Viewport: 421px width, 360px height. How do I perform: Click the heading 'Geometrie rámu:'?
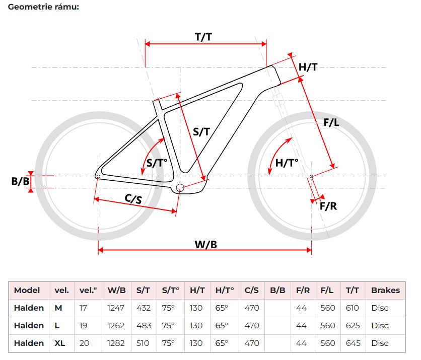(43, 7)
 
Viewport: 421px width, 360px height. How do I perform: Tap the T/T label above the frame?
(203, 37)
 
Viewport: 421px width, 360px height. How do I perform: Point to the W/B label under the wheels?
(205, 245)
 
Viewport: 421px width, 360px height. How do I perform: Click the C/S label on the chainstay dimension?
(133, 199)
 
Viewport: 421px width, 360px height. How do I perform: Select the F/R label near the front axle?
(328, 206)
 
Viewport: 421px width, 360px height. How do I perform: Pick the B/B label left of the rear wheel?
(21, 181)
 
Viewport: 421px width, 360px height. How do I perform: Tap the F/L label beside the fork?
(331, 122)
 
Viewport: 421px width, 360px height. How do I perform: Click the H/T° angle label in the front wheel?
(287, 163)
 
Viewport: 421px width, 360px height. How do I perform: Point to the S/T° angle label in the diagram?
(157, 163)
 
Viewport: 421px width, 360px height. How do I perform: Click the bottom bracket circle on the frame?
(180, 188)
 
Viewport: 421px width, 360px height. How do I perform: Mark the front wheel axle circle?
(311, 176)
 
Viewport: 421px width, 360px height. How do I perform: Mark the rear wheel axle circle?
(98, 176)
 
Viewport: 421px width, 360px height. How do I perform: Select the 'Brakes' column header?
(386, 290)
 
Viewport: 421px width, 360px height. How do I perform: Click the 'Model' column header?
(27, 290)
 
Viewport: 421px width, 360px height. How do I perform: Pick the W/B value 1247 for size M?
(116, 308)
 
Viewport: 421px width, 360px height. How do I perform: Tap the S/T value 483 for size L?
(144, 326)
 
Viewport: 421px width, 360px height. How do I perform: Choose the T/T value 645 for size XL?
(353, 343)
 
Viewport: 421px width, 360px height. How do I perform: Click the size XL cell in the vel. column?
(59, 343)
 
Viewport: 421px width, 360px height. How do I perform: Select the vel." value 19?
(83, 326)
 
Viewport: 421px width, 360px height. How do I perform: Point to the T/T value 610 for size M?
(353, 308)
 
